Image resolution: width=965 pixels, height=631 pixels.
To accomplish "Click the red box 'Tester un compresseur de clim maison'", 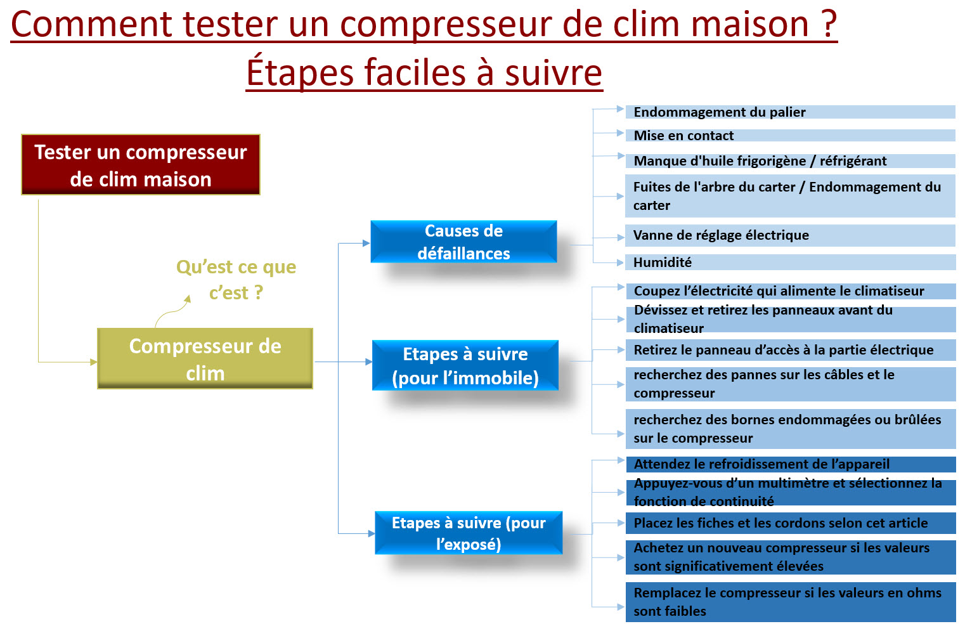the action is click(141, 165).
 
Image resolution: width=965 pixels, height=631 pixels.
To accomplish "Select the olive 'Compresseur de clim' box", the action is click(205, 358).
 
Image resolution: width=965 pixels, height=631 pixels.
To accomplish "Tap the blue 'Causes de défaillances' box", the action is click(463, 242).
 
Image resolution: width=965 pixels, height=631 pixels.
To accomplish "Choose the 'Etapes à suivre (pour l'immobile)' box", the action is click(465, 365).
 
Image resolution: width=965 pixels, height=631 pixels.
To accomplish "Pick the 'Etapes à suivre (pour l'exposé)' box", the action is click(469, 533).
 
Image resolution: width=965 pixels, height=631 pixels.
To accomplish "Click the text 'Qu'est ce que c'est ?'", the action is click(236, 279).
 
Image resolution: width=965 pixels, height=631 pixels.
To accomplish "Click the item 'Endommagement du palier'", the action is click(790, 112).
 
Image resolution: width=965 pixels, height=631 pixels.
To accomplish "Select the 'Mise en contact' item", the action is click(790, 135).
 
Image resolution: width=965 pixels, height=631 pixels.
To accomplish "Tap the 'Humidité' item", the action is click(790, 262).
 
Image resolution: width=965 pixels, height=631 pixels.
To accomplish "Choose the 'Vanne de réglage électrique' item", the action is click(790, 235).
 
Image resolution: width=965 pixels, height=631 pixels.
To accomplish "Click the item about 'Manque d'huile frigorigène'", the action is click(790, 161).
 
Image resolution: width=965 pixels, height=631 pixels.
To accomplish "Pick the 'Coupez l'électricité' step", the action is click(791, 291).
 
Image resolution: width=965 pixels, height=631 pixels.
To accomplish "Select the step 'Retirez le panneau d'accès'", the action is click(791, 350).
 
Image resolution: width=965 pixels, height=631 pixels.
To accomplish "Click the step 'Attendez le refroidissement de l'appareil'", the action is click(791, 464).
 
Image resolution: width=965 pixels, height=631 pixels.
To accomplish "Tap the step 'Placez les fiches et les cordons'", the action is click(791, 523).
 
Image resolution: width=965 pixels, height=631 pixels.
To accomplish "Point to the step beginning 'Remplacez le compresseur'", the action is click(791, 602).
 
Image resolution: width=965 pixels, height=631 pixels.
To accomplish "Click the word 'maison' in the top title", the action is click(749, 24).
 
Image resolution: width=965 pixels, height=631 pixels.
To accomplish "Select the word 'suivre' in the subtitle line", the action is click(553, 72).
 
